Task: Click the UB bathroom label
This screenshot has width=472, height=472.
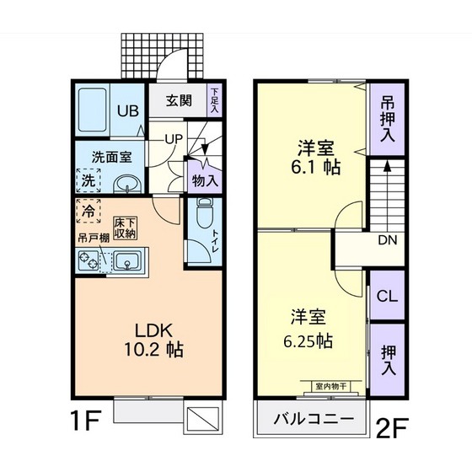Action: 127,110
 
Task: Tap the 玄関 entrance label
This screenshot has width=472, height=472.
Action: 178,101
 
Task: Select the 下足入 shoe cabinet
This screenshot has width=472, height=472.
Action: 215,101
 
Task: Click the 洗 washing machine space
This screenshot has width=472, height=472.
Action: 88,180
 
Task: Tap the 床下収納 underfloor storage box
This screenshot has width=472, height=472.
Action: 126,228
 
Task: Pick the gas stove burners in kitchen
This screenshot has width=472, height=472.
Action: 90,262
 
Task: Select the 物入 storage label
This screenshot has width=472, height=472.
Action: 205,180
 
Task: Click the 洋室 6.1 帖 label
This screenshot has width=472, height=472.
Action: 317,156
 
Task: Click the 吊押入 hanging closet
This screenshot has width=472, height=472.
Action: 386,120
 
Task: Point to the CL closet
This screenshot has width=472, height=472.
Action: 386,297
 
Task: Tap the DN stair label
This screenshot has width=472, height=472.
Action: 386,241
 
